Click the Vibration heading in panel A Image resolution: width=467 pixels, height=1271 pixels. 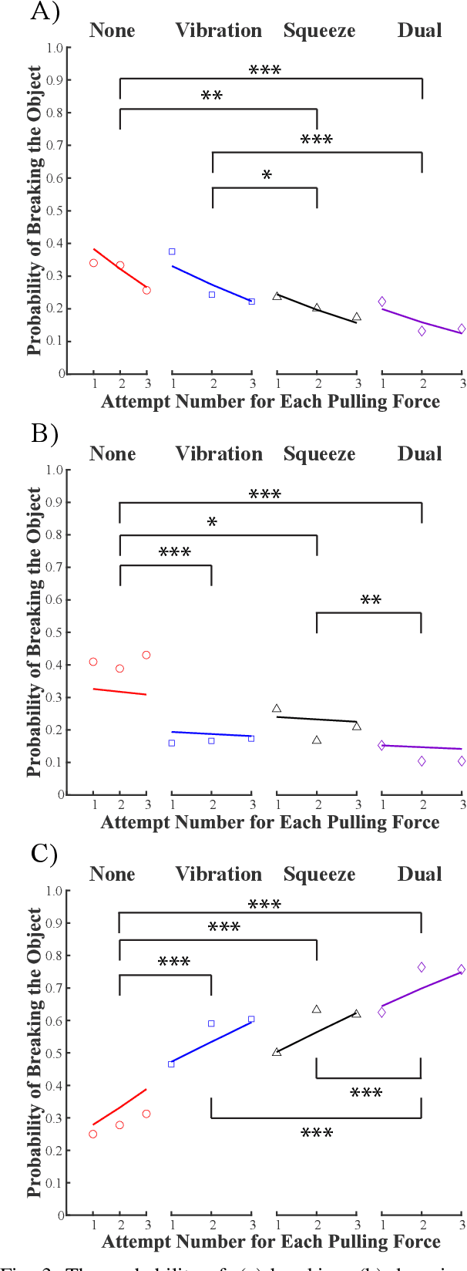pyautogui.click(x=218, y=31)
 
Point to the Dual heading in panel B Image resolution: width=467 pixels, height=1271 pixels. pyautogui.click(x=419, y=453)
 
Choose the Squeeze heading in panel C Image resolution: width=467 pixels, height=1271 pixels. pyautogui.click(x=319, y=875)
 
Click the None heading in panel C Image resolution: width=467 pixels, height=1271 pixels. pyautogui.click(x=112, y=874)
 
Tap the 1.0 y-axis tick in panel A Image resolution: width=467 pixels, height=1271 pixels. pyautogui.click(x=55, y=48)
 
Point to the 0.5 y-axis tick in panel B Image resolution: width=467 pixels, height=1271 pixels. pyautogui.click(x=55, y=632)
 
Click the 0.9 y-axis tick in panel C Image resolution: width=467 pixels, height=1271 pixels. pyautogui.click(x=55, y=923)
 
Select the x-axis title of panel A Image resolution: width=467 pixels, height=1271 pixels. pyautogui.click(x=270, y=402)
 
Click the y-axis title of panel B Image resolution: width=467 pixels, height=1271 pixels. pyautogui.click(x=35, y=632)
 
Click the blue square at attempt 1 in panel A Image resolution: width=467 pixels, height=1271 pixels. pyautogui.click(x=172, y=251)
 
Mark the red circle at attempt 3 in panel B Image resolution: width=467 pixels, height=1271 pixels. pyautogui.click(x=146, y=655)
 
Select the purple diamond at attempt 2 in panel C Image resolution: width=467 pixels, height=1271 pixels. pyautogui.click(x=422, y=967)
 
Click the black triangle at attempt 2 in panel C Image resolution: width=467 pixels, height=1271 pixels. pyautogui.click(x=317, y=1009)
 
